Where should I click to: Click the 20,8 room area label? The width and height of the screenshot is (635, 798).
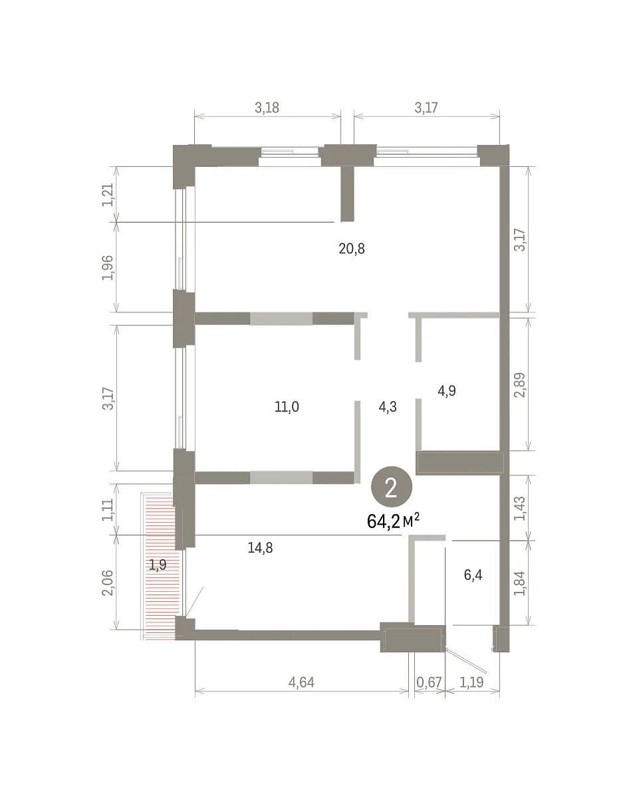coord(351,249)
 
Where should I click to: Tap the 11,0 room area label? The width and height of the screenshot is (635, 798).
coord(287,407)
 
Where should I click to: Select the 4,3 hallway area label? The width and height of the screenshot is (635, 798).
coord(388,407)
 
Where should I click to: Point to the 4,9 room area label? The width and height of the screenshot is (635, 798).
coord(447,390)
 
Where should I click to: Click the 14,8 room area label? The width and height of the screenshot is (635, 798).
coord(260,548)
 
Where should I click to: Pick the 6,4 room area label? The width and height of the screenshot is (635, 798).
coord(473,575)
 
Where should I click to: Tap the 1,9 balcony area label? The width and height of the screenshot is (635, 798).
coord(158,565)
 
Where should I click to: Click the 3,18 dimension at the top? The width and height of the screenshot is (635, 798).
coord(267,108)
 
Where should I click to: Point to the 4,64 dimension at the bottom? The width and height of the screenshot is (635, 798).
coord(301,682)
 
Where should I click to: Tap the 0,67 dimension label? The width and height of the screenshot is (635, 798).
coord(429,682)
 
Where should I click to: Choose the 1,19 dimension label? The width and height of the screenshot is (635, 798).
coord(471,682)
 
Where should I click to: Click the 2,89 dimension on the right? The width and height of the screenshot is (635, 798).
coord(520,385)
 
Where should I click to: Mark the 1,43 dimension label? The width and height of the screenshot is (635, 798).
coord(520,508)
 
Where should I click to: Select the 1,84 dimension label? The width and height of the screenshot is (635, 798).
coord(520,584)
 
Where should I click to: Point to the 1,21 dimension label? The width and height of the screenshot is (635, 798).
coord(107,195)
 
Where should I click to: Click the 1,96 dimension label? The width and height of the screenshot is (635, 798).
coord(107,268)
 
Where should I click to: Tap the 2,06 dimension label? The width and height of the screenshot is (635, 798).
coord(107,583)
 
